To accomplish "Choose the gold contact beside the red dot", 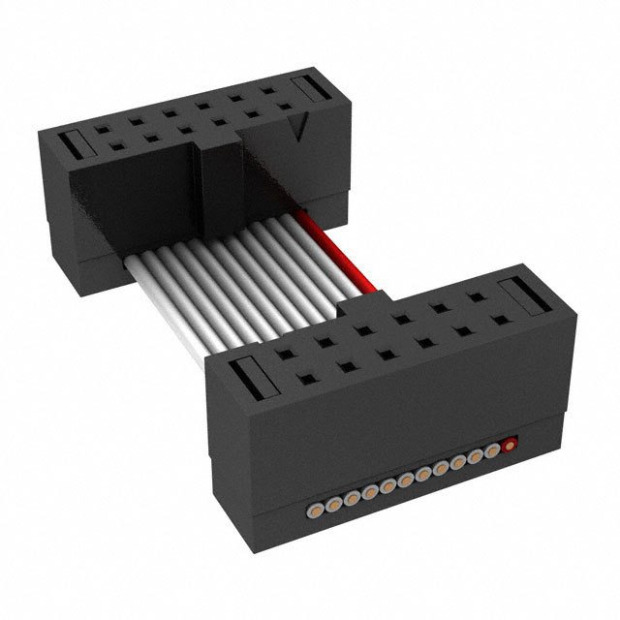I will tap(491, 451).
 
